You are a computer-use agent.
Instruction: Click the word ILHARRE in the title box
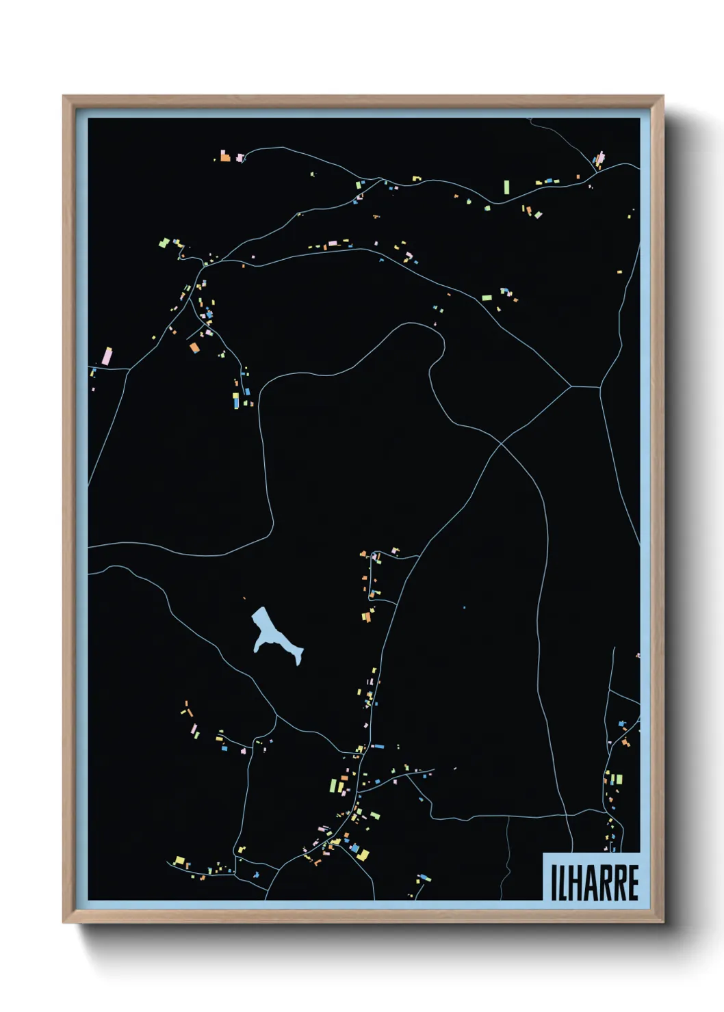(594, 882)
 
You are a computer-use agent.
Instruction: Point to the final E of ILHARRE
(633, 883)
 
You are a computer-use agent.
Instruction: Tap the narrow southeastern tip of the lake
(298, 660)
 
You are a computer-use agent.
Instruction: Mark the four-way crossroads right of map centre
(502, 444)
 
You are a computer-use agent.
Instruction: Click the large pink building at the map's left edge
(107, 356)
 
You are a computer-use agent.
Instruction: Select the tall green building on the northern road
(506, 187)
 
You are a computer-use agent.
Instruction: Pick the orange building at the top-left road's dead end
(225, 157)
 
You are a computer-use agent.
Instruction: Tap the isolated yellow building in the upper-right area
(619, 272)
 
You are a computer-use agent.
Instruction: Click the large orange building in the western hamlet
(194, 348)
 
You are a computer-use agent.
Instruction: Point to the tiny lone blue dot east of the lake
(464, 607)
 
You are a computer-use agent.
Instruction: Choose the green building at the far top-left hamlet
(164, 242)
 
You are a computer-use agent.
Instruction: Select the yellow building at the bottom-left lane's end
(179, 860)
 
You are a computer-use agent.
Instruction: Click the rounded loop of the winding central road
(432, 342)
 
